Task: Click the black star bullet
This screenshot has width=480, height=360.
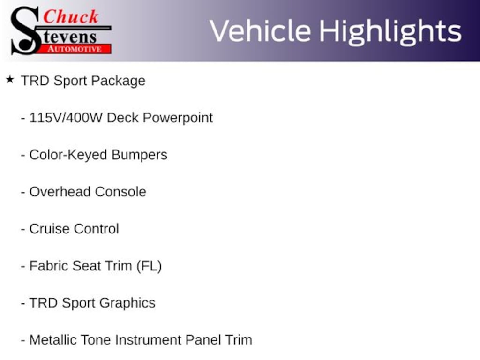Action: [10, 80]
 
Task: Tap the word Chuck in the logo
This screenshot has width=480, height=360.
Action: [71, 16]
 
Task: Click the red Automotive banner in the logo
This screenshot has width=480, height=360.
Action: [75, 49]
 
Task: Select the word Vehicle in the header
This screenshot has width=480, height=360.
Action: [260, 31]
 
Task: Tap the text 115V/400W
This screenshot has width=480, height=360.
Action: [66, 118]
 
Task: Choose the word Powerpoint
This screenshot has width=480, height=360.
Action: [178, 118]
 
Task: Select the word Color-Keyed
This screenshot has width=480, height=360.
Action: [68, 155]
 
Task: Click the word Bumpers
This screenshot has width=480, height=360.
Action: [139, 155]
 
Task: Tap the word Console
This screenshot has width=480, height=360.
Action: [120, 192]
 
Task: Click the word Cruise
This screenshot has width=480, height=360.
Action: [49, 229]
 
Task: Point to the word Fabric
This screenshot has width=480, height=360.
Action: [48, 266]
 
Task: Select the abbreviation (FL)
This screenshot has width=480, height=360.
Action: [149, 266]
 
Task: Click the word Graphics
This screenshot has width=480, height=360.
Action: [127, 303]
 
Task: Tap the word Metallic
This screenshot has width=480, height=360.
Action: [53, 340]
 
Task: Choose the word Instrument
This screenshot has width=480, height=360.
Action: [148, 340]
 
